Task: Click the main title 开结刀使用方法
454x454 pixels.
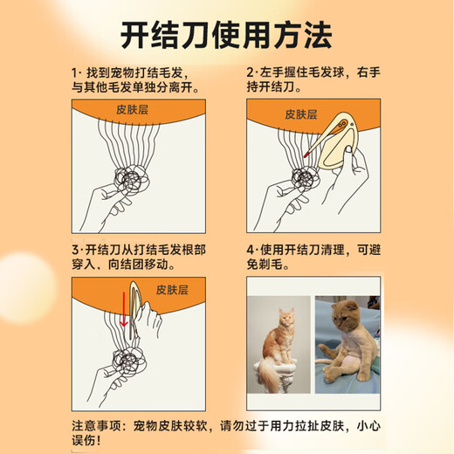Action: [226, 35]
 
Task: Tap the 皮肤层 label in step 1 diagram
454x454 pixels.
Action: [133, 110]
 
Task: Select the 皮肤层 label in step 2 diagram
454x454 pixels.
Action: [301, 114]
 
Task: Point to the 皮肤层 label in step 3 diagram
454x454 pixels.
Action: [172, 290]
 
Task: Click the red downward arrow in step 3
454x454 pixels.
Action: [124, 309]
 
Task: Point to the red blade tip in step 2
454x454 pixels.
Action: [306, 154]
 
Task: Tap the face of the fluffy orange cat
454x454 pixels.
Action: [286, 319]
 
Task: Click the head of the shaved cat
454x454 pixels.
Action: [346, 315]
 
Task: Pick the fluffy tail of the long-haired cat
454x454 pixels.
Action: [268, 374]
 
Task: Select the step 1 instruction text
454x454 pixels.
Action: [136, 79]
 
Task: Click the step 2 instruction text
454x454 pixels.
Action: [313, 79]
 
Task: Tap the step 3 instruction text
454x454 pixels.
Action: [139, 258]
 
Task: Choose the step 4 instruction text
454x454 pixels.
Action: [313, 257]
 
